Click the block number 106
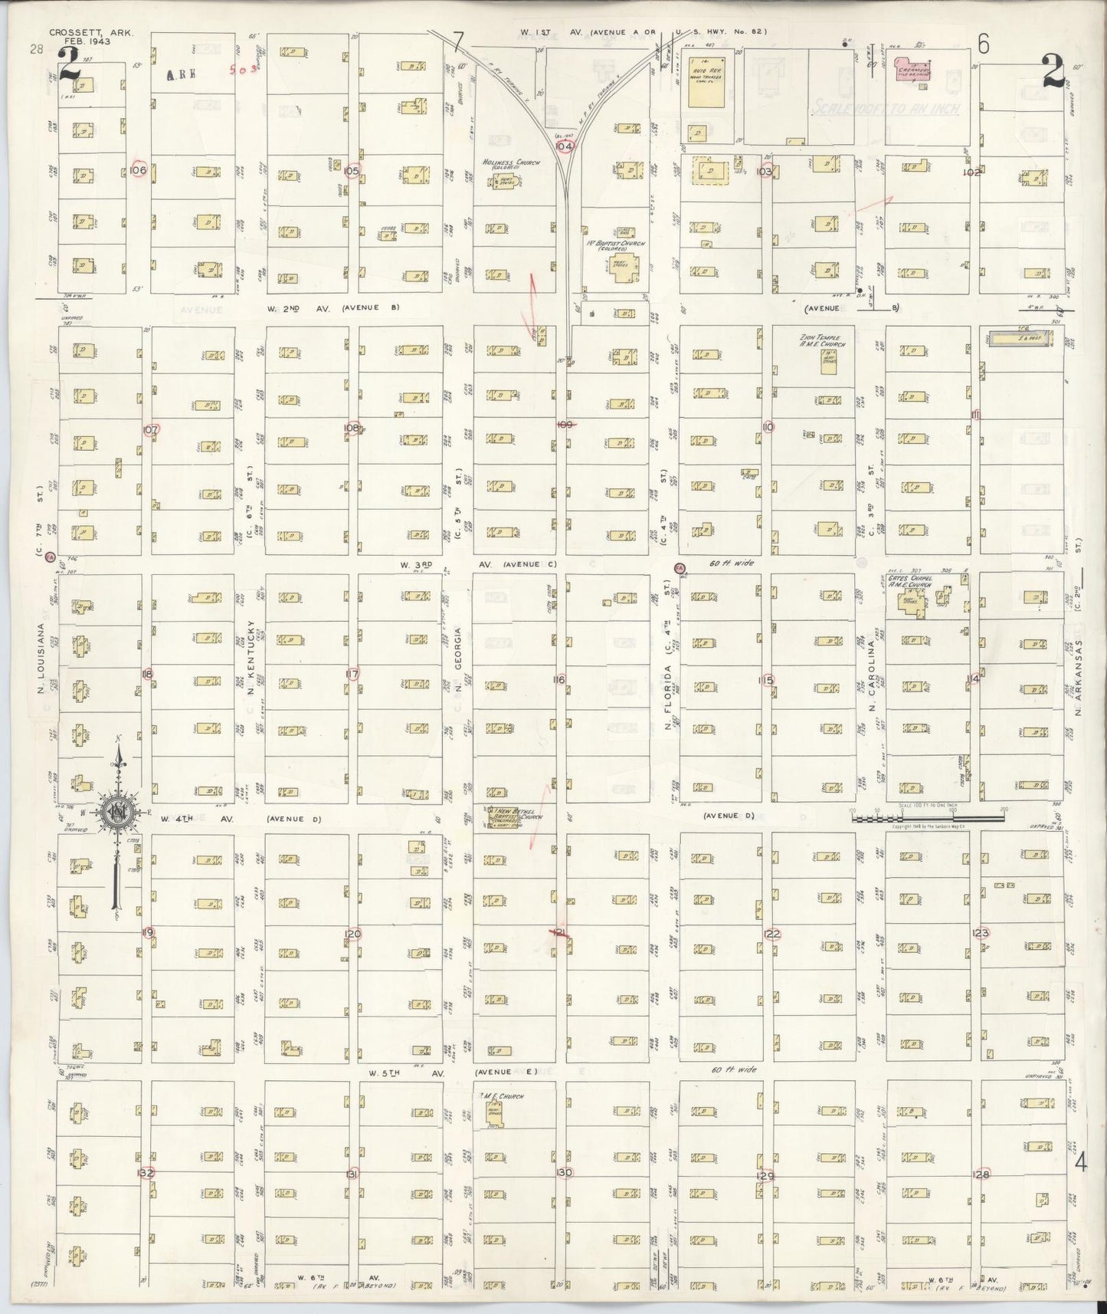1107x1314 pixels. coord(138,169)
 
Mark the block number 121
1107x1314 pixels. coord(560,932)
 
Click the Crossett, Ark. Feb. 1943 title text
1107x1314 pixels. coord(80,38)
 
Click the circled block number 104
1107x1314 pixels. coord(565,146)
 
